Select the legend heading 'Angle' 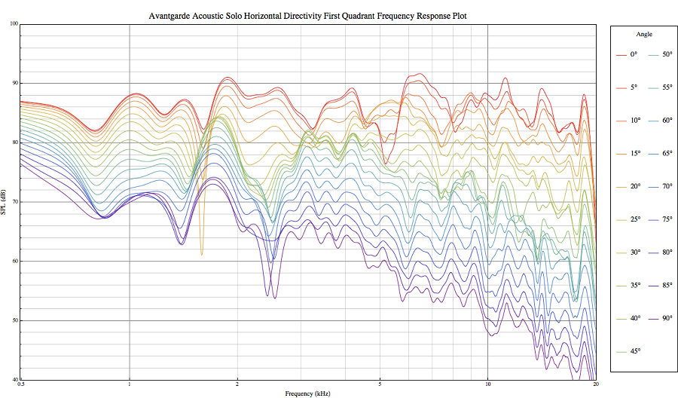[x=643, y=34]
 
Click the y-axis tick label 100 [x=14, y=23]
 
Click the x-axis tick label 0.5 [x=21, y=384]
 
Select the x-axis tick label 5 [x=380, y=384]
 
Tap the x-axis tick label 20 [x=595, y=384]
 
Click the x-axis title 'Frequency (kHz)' [x=307, y=393]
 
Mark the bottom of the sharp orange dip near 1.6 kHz [x=201, y=255]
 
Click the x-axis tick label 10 [x=487, y=384]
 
